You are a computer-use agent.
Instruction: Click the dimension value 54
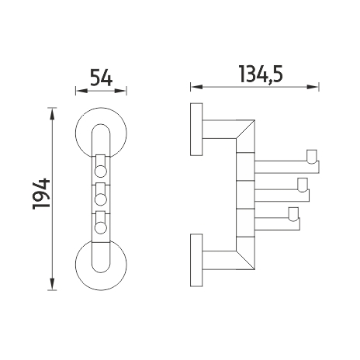(x=101, y=77)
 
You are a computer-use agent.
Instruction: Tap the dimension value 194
(x=41, y=193)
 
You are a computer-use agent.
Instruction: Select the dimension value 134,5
(x=261, y=74)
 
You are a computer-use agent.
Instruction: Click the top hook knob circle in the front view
(x=101, y=171)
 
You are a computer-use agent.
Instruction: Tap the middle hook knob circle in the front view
(x=101, y=199)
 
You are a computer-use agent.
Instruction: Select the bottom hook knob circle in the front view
(x=101, y=228)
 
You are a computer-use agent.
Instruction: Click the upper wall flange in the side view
(x=196, y=130)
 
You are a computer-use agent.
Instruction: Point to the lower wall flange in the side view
(x=196, y=260)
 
